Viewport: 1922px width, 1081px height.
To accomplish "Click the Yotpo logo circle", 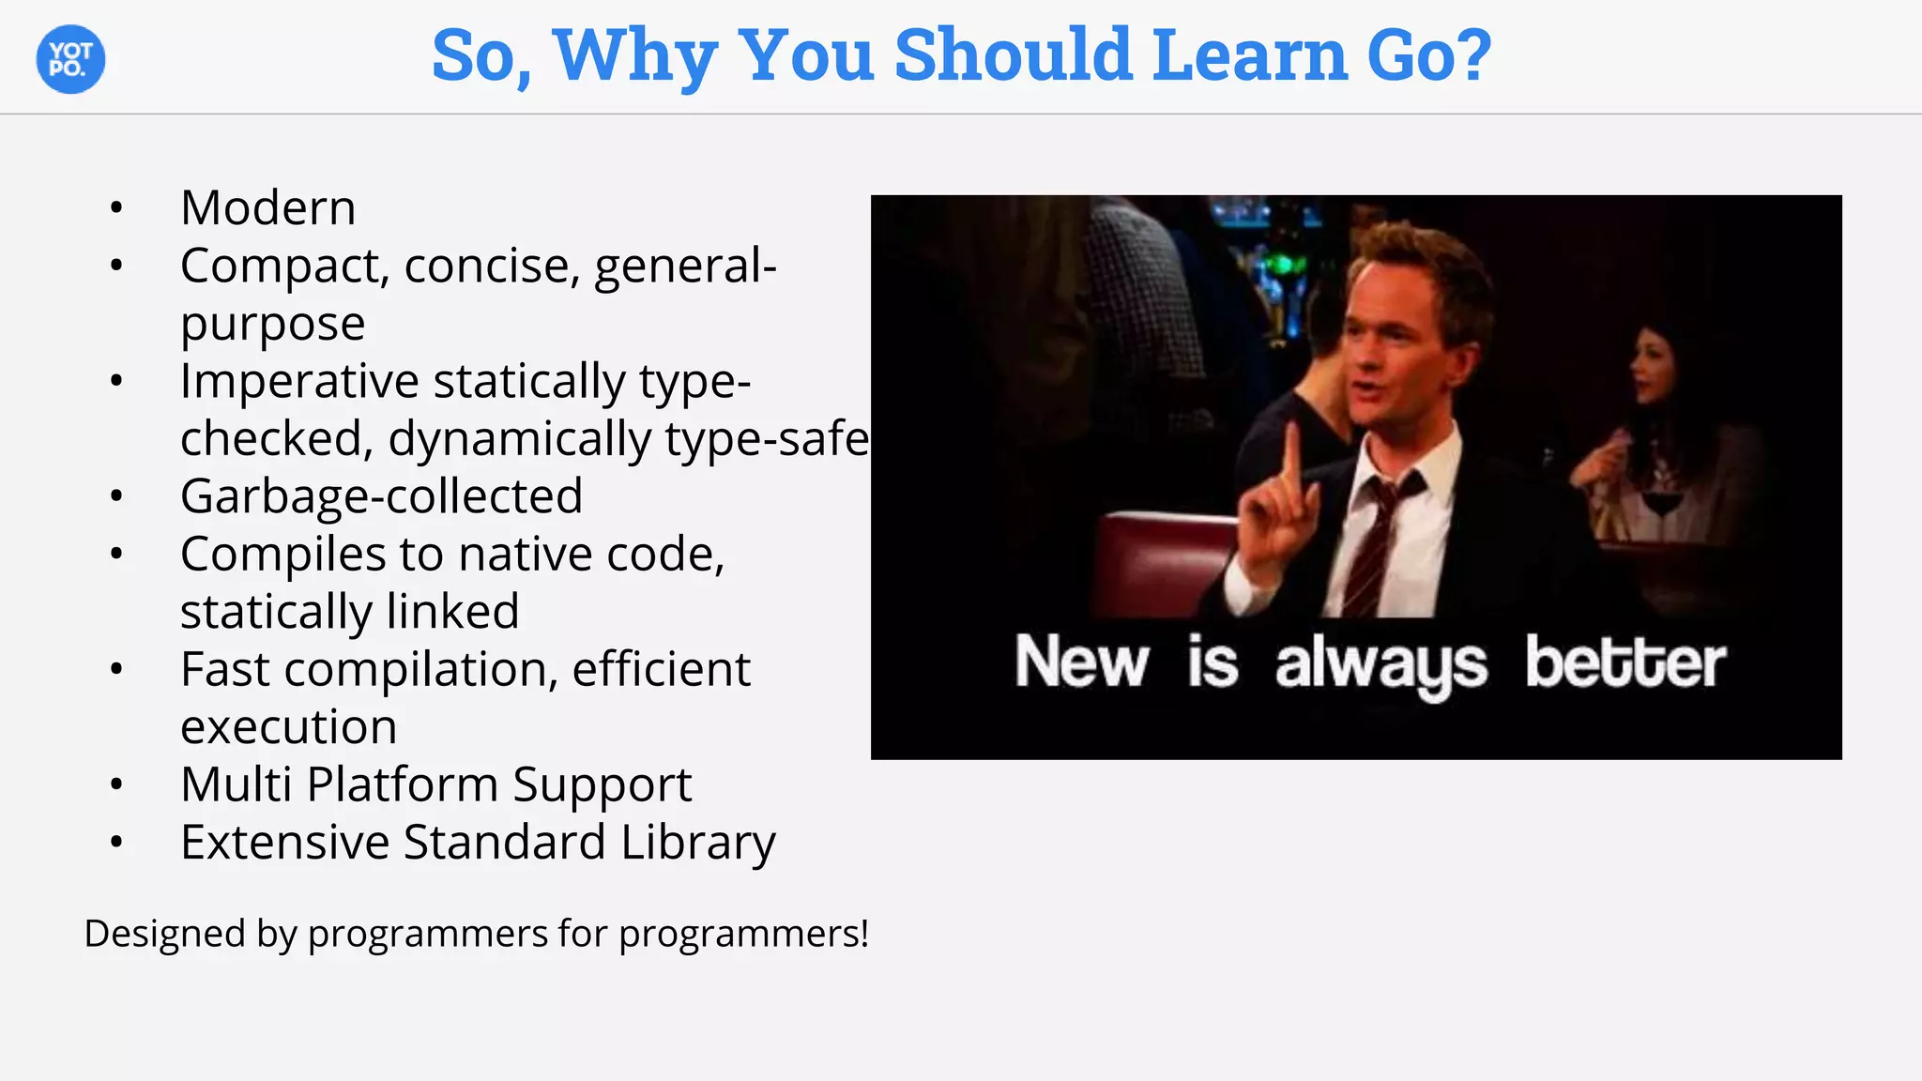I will (x=70, y=59).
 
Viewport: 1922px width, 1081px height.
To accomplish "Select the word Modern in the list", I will (x=268, y=207).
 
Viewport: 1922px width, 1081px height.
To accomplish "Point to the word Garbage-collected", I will (x=381, y=495).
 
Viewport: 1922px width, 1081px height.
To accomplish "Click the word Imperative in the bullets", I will (x=299, y=381).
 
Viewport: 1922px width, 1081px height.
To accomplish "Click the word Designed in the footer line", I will (x=164, y=934).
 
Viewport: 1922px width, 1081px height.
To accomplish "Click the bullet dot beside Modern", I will (x=116, y=207).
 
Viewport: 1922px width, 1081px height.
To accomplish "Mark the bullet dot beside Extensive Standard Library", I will (x=116, y=842).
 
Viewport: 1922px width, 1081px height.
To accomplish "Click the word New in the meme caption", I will (x=1081, y=662).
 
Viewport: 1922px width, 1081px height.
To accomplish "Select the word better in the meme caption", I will (x=1625, y=662).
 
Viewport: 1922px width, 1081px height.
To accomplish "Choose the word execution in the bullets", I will (x=289, y=727).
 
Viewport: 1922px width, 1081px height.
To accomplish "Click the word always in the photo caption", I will (x=1380, y=664).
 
